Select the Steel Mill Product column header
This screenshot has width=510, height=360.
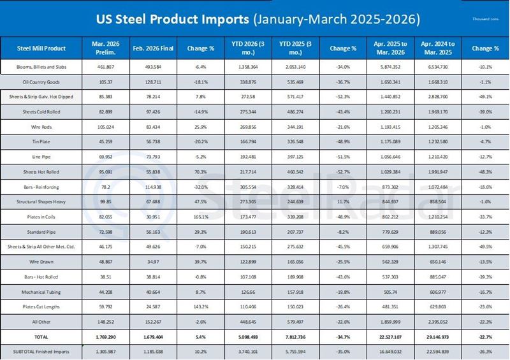pos(41,48)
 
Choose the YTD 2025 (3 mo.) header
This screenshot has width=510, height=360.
pos(294,48)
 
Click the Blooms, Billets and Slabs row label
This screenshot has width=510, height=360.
pos(41,66)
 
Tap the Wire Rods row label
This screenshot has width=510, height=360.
pos(41,126)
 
